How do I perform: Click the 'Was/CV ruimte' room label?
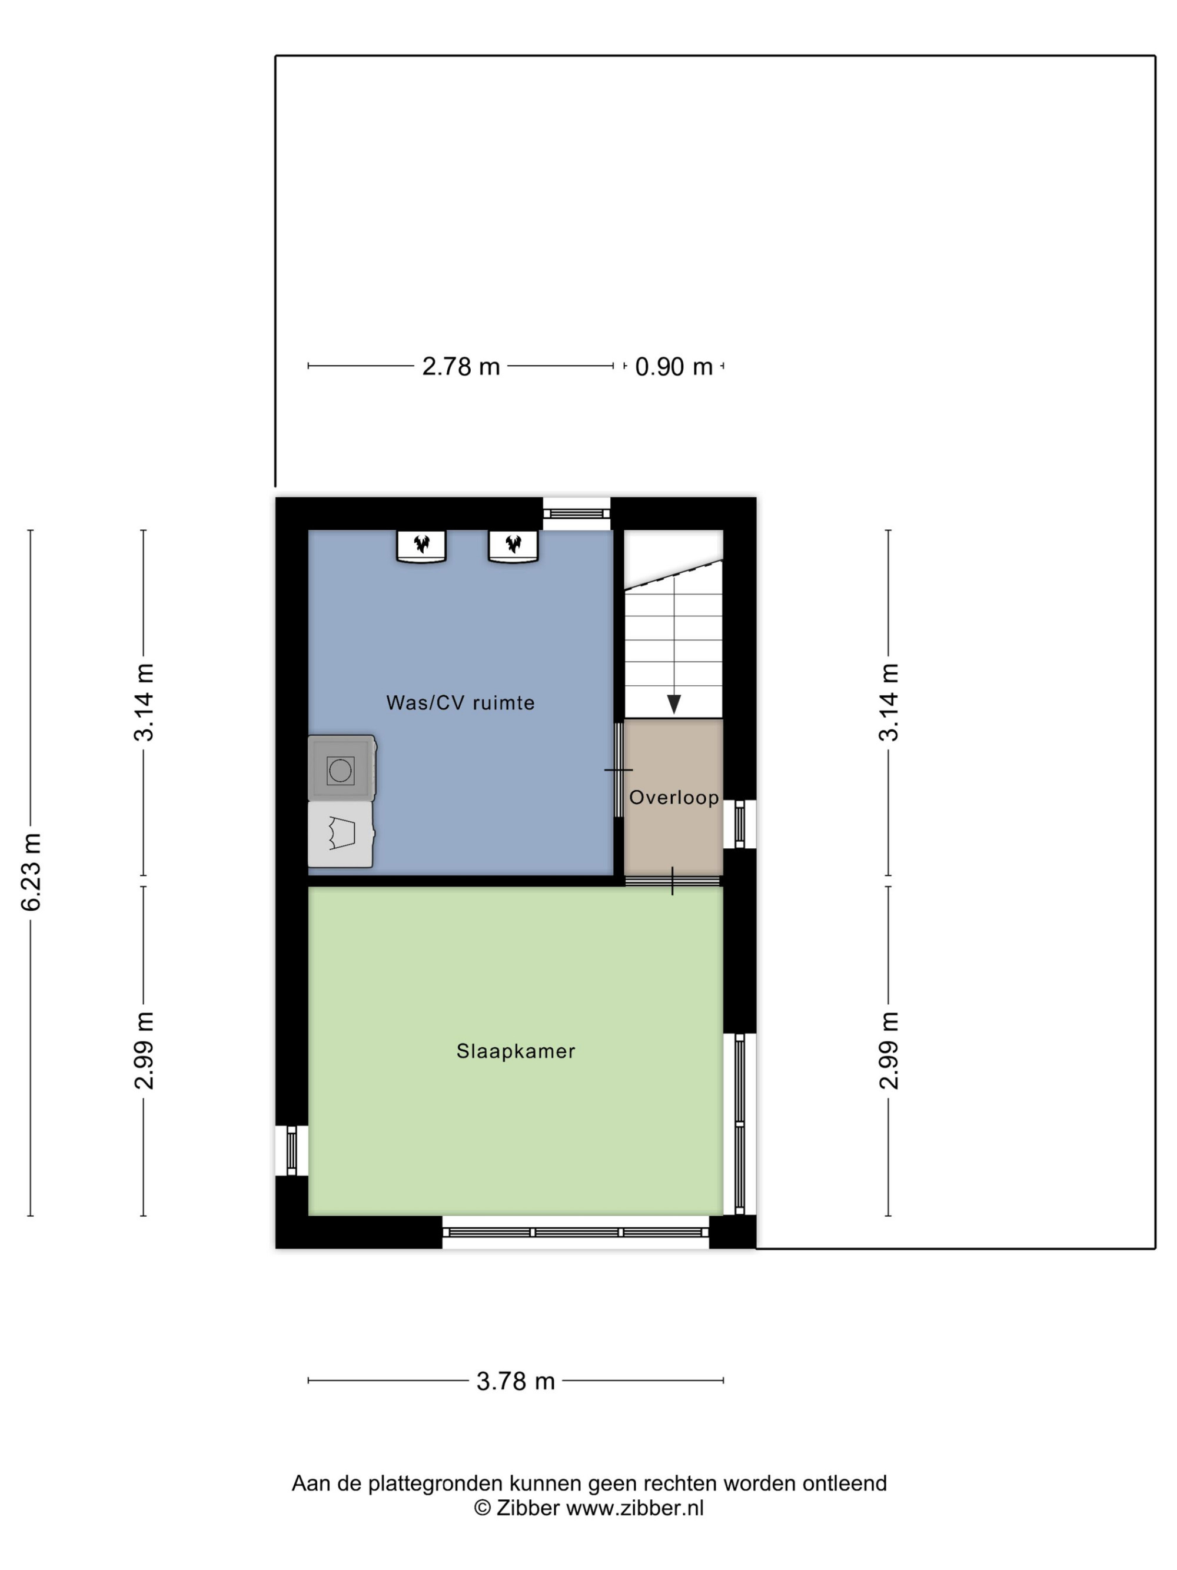460,703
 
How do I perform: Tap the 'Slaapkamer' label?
515,1051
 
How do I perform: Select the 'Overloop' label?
673,798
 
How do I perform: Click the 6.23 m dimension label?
31,872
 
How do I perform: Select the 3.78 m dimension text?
515,1381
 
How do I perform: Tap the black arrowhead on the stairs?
673,704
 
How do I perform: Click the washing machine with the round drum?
341,768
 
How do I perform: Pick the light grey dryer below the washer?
341,835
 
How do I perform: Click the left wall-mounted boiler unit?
421,546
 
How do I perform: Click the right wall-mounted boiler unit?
513,546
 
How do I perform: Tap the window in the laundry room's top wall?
576,513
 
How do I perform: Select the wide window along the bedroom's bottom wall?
576,1232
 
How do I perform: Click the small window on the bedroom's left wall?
291,1150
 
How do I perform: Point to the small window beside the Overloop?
739,824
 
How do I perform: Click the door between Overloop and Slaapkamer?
673,881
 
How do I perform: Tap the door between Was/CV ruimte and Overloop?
619,769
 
